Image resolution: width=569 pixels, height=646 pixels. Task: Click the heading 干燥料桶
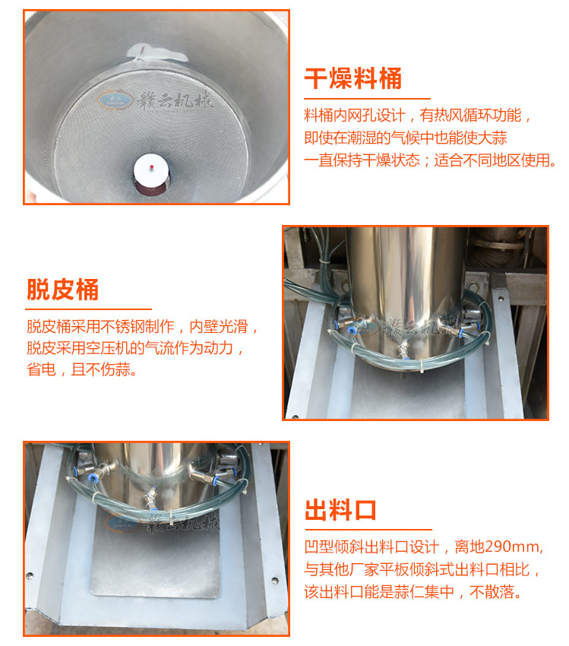pyautogui.click(x=352, y=78)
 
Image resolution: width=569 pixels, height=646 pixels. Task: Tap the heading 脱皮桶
pyautogui.click(x=62, y=290)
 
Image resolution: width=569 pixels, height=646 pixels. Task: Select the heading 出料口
pyautogui.click(x=340, y=510)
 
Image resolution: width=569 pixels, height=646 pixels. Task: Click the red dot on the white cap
pyautogui.click(x=151, y=167)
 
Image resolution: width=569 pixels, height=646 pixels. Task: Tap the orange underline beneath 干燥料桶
pyautogui.click(x=367, y=99)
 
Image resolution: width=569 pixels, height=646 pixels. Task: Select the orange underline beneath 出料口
pyautogui.click(x=368, y=530)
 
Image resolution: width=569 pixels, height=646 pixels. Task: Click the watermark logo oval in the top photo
pyautogui.click(x=115, y=100)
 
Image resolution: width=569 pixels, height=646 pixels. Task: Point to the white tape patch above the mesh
pyautogui.click(x=156, y=52)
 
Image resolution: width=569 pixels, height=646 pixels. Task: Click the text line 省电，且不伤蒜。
pyautogui.click(x=81, y=369)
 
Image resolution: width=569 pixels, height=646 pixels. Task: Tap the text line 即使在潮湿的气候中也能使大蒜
pyautogui.click(x=406, y=138)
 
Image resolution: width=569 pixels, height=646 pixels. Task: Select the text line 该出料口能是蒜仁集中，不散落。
pyautogui.click(x=413, y=591)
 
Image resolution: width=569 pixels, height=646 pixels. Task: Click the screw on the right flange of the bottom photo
pyautogui.click(x=274, y=581)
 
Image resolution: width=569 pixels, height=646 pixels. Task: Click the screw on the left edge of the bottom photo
pyautogui.click(x=29, y=575)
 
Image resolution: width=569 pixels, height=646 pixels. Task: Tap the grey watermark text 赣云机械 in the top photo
pyautogui.click(x=175, y=100)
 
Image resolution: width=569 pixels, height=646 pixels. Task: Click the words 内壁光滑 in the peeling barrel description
pyautogui.click(x=219, y=326)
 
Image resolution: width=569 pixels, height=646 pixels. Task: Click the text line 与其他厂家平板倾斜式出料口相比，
pyautogui.click(x=422, y=569)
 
